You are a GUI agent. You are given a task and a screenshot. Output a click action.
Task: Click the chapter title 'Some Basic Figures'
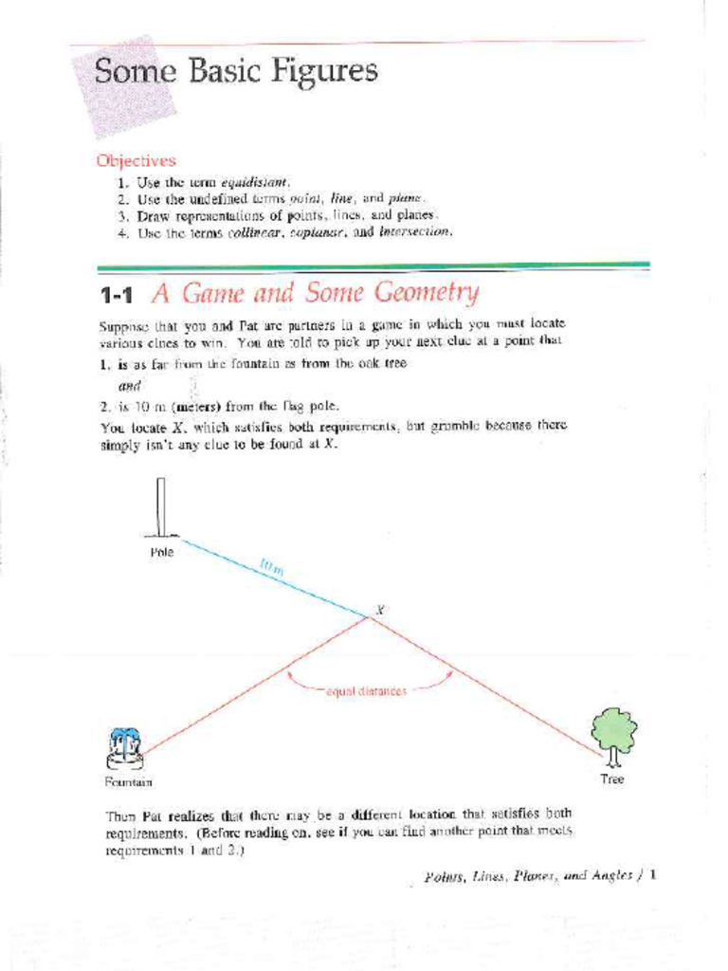coord(235,72)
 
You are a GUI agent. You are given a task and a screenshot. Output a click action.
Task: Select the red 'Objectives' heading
coord(136,161)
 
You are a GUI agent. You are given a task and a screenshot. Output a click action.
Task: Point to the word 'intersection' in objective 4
coord(415,230)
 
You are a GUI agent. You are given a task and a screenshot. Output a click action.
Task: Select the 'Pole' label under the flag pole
coord(161,552)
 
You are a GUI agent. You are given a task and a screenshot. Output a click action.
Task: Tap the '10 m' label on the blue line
coord(271,568)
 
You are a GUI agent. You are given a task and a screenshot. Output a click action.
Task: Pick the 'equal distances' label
coord(366,691)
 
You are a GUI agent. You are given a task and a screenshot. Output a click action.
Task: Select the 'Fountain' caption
coord(127,782)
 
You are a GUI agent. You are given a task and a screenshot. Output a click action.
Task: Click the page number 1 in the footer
coord(654,875)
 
